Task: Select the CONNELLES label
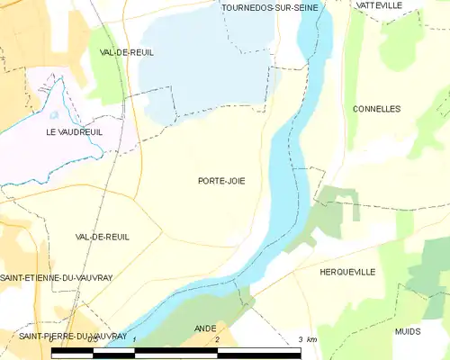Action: [x=377, y=109]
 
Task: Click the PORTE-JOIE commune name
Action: [x=221, y=181]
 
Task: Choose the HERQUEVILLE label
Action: [x=347, y=271]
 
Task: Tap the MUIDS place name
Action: [x=407, y=331]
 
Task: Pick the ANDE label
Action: [x=205, y=328]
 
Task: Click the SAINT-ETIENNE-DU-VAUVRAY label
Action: [x=56, y=277]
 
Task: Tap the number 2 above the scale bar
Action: [x=217, y=340]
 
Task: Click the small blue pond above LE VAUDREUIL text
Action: [x=54, y=115]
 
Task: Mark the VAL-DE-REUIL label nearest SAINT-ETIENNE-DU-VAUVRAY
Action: [x=103, y=237]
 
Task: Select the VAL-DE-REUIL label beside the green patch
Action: [x=127, y=52]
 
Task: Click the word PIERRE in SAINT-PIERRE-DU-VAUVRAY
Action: [x=58, y=336]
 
